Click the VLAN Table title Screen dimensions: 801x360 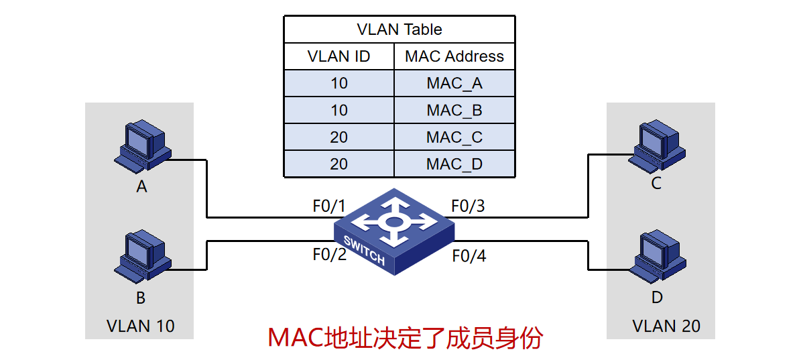[399, 29]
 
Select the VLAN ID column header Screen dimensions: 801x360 [338, 56]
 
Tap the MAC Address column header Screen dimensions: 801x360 [454, 56]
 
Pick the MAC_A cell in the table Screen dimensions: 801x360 [454, 84]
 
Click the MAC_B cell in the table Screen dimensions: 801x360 [454, 111]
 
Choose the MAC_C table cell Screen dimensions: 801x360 [454, 137]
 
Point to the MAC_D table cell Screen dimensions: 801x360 [454, 164]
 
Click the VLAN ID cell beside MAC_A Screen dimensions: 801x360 [338, 84]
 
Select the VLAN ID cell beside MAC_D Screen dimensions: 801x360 [338, 164]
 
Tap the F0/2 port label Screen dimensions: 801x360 [329, 255]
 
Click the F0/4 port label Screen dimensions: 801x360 [469, 255]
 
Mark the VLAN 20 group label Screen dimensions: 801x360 [666, 326]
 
